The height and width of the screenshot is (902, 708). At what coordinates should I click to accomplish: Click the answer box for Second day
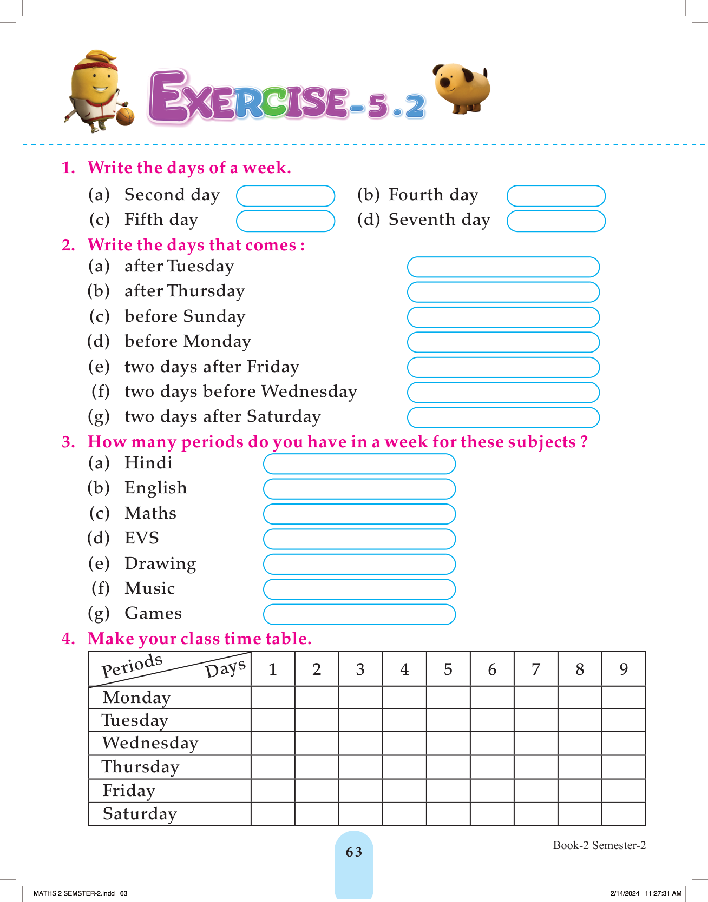pyautogui.click(x=285, y=196)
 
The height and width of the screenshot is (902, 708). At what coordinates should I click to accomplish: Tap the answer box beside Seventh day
pyautogui.click(x=556, y=221)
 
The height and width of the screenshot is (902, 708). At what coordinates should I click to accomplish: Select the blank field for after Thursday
pyautogui.click(x=503, y=292)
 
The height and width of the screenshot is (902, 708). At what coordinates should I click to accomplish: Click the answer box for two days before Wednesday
pyautogui.click(x=503, y=393)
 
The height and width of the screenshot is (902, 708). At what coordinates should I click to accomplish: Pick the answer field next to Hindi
pyautogui.click(x=359, y=463)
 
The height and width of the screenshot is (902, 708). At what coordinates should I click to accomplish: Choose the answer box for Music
pyautogui.click(x=359, y=589)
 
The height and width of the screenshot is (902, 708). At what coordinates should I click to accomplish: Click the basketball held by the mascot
pyautogui.click(x=125, y=116)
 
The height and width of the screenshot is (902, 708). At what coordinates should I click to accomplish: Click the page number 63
pyautogui.click(x=354, y=852)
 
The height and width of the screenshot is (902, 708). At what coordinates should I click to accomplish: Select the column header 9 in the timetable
pyautogui.click(x=624, y=669)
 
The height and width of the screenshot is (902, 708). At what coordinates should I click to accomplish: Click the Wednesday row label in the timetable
pyautogui.click(x=150, y=743)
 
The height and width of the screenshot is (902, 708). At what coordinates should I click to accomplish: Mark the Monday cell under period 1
pyautogui.click(x=273, y=698)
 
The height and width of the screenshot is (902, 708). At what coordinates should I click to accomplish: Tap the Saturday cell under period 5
pyautogui.click(x=448, y=814)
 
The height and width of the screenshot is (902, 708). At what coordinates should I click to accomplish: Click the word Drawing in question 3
pyautogui.click(x=160, y=563)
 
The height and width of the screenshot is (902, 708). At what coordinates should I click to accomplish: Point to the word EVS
pyautogui.click(x=142, y=538)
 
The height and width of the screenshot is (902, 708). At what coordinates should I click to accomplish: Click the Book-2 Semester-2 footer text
pyautogui.click(x=599, y=845)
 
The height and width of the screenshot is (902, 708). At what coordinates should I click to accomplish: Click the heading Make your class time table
pyautogui.click(x=199, y=639)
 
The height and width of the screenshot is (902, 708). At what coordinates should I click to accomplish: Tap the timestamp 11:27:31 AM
pyautogui.click(x=663, y=893)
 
